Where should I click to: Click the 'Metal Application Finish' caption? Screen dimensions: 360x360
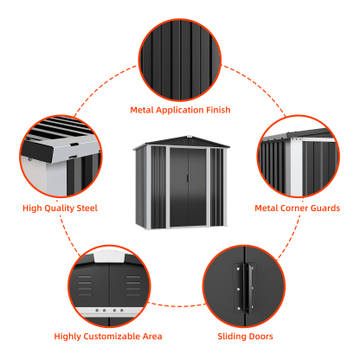click(180, 110)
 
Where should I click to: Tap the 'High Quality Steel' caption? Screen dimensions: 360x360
click(60, 208)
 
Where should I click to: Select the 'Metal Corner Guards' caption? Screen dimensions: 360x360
click(297, 208)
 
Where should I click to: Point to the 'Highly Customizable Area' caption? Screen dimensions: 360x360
click(108, 336)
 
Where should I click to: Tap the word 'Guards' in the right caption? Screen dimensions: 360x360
click(323, 208)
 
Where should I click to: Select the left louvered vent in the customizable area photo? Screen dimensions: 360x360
click(87, 281)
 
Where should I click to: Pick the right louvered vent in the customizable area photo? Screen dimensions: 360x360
click(132, 281)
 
